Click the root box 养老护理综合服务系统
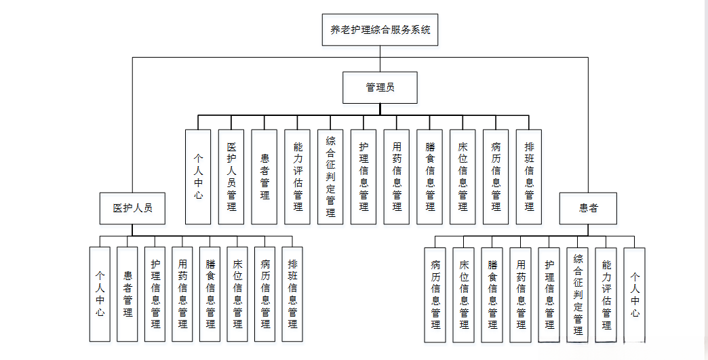point(380,30)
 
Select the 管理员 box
point(380,87)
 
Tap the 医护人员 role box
point(132,208)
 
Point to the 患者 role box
point(588,208)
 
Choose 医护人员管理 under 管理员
point(231,177)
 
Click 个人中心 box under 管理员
point(198,177)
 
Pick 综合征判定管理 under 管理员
point(330,177)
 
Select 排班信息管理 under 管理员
point(529,177)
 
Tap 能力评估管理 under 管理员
point(298,177)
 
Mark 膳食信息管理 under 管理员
point(430,177)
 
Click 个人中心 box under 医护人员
point(100,294)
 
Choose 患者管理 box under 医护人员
point(127,294)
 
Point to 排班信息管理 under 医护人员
point(292,294)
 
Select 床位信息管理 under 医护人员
point(237,294)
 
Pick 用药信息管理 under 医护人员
point(182,294)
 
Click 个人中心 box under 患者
point(634,294)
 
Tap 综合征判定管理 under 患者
point(578,294)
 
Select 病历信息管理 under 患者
point(435,294)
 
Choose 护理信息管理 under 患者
point(549,294)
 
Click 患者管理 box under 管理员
point(264,177)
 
